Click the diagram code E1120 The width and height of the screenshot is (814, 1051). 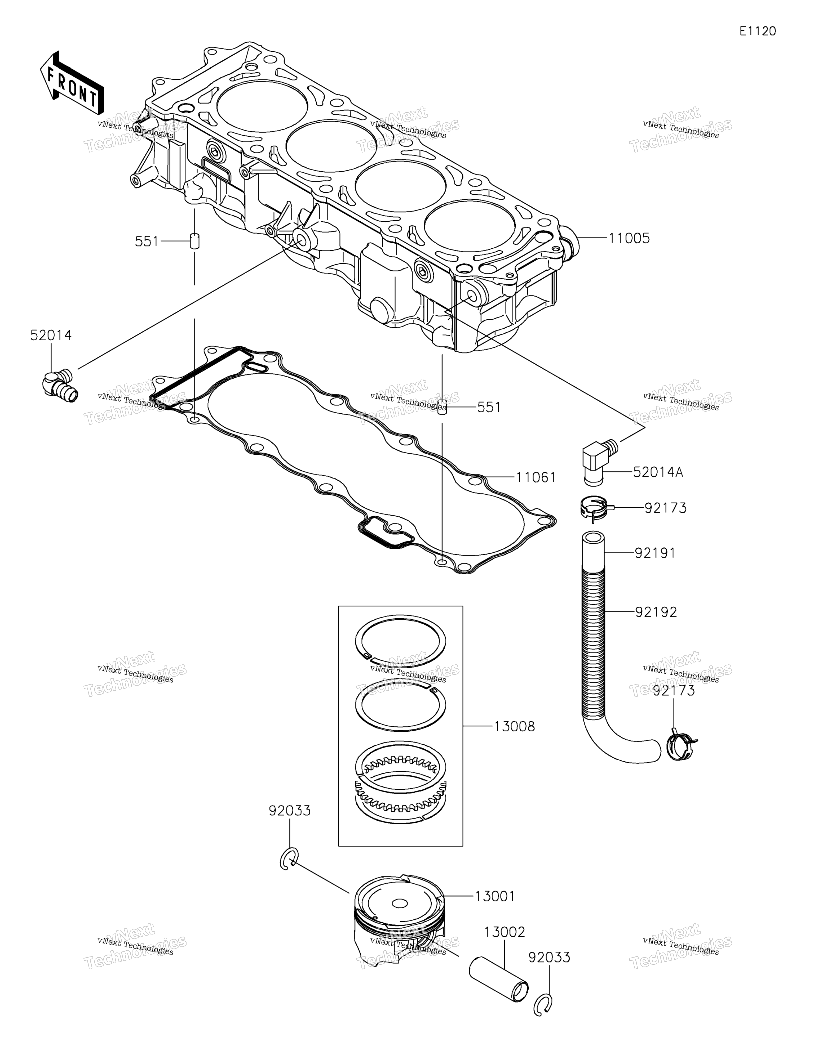[x=758, y=31]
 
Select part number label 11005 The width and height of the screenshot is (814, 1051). [x=629, y=238]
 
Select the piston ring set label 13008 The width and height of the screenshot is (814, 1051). [x=514, y=727]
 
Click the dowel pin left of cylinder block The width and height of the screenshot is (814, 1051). [x=194, y=241]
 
